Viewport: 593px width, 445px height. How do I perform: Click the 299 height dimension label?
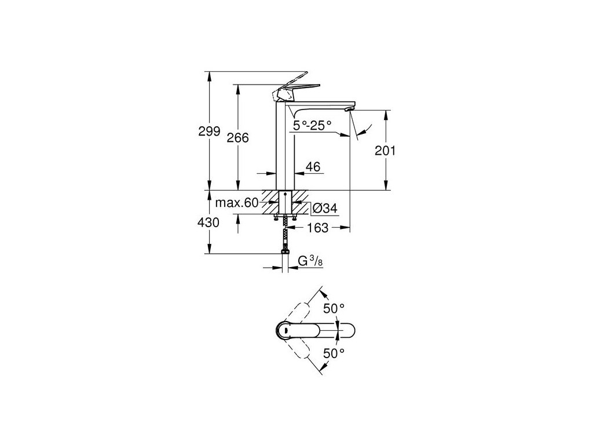click(x=209, y=132)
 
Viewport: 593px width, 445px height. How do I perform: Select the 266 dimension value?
click(x=237, y=138)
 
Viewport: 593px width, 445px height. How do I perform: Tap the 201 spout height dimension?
click(x=385, y=151)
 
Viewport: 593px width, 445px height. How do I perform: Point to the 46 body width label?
click(x=313, y=167)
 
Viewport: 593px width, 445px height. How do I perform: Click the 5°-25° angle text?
click(x=312, y=125)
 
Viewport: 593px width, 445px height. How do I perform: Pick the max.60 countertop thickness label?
click(x=236, y=203)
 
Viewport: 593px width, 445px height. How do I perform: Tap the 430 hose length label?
click(x=209, y=222)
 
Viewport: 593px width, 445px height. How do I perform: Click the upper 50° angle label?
click(x=334, y=309)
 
